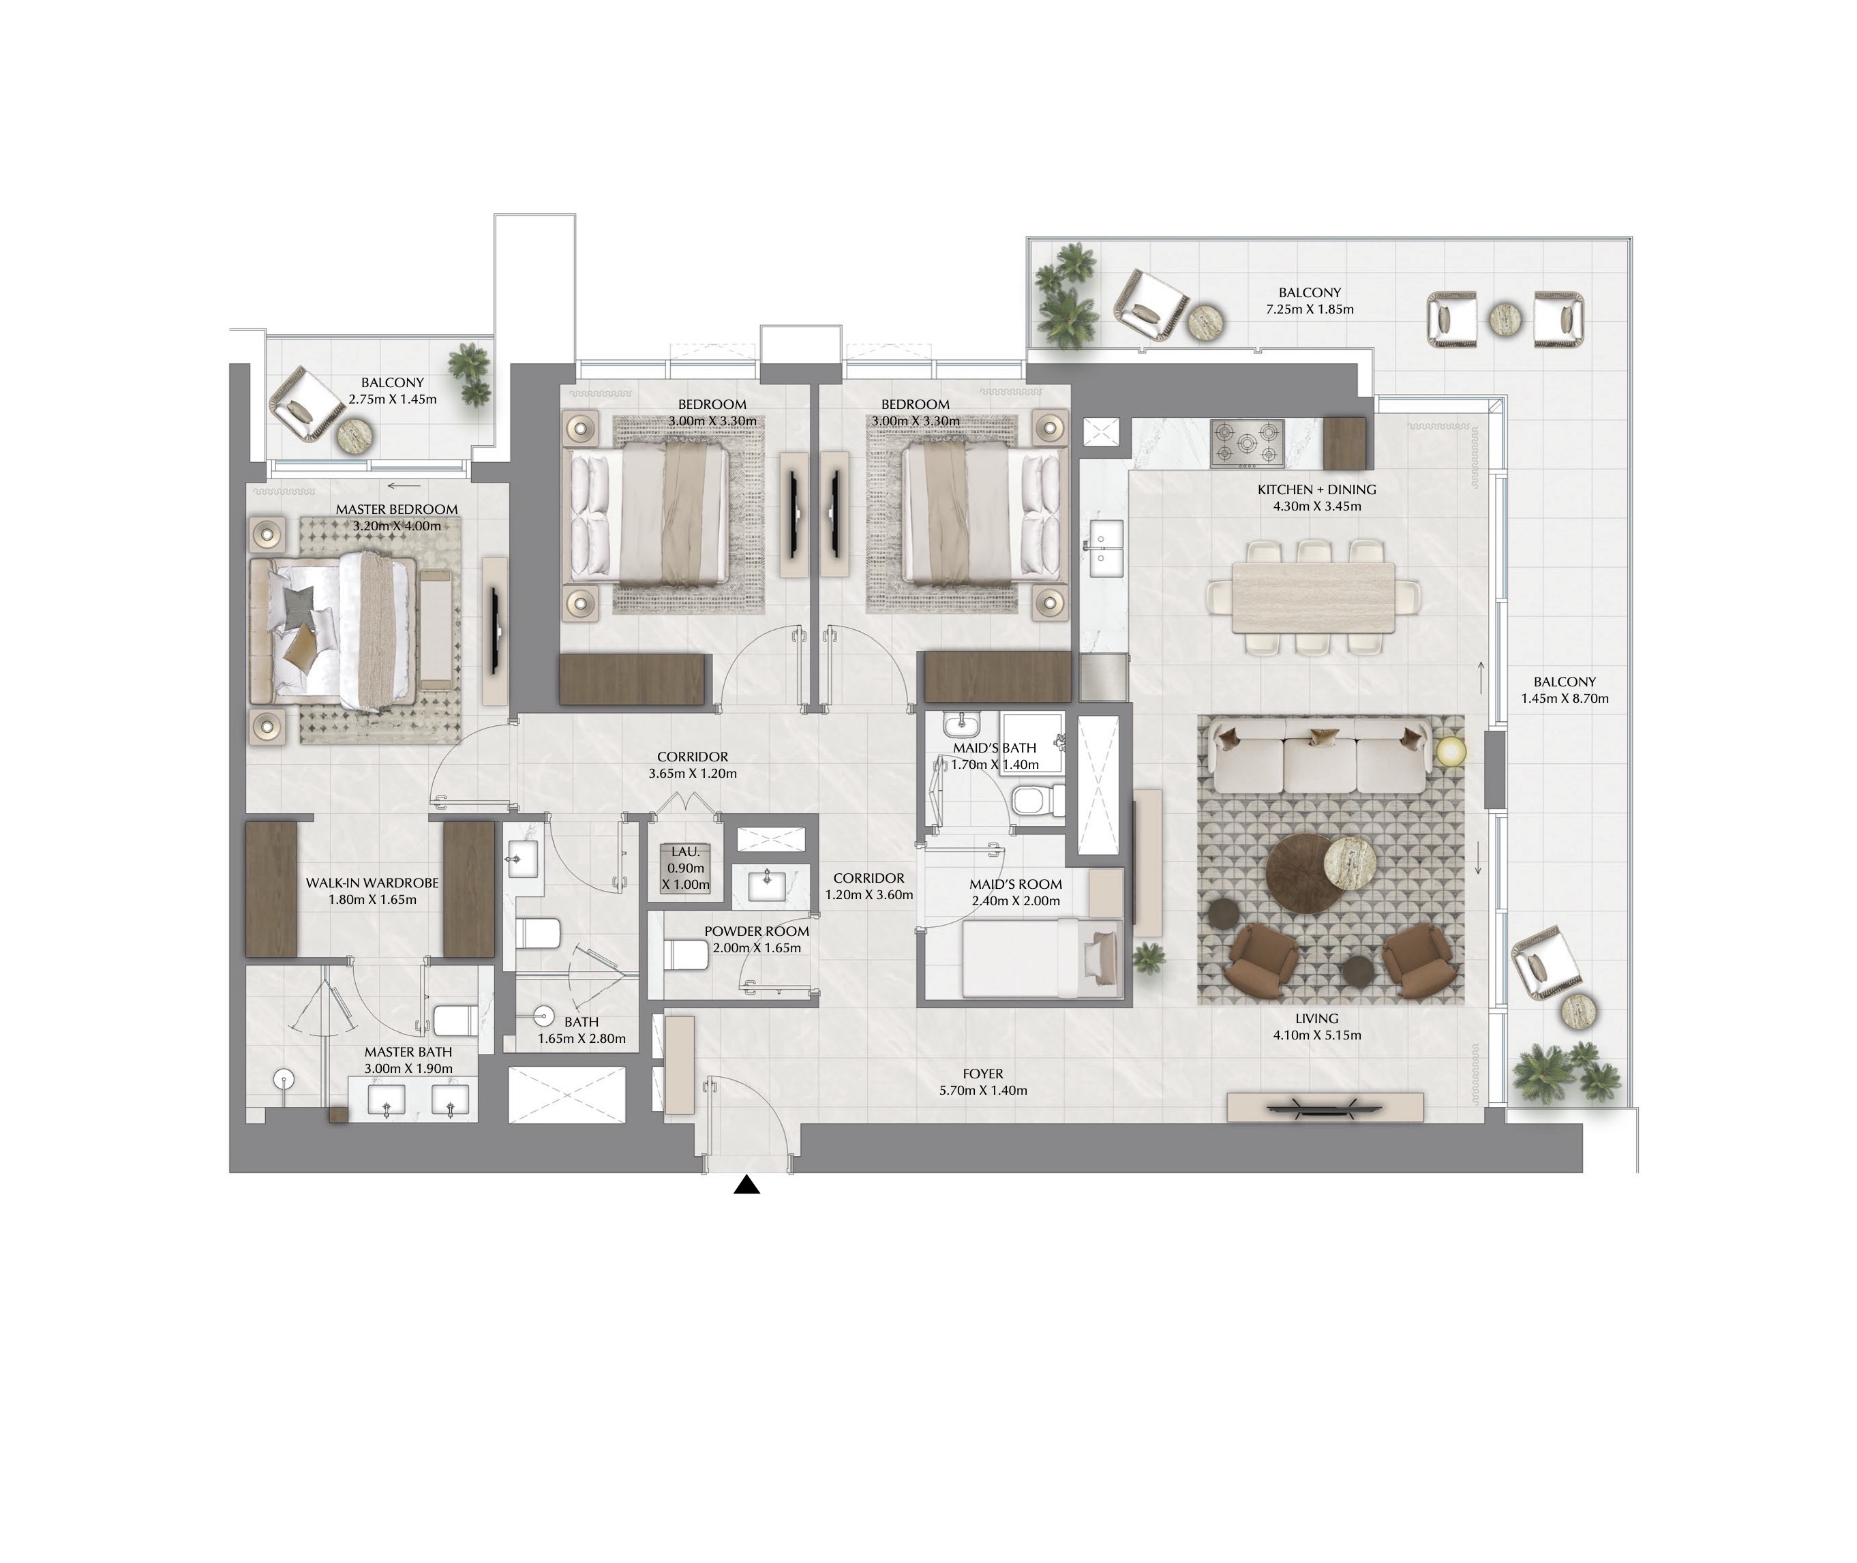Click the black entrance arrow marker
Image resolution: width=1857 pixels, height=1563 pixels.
coord(747,1185)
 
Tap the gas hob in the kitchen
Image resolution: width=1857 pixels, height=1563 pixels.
coord(1248,444)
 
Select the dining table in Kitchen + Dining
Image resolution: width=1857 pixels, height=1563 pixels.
coord(1312,597)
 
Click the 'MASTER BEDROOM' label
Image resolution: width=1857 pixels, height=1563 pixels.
coord(397,509)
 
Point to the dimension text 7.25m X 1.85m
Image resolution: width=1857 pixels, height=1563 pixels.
coord(1310,309)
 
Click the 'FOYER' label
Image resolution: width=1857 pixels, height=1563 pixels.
coord(984,1074)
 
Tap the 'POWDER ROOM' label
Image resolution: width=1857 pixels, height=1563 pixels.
coord(757,931)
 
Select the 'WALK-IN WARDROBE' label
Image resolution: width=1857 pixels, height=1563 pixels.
coord(372,883)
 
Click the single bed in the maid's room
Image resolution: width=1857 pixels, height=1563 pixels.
coord(1042,958)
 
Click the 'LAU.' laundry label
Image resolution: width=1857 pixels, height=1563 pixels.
coord(686,851)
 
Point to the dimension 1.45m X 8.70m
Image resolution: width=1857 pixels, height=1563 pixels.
coord(1565,698)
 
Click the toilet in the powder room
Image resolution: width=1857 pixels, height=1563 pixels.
coord(686,954)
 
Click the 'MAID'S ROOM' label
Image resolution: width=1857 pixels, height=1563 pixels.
coord(1015,884)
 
